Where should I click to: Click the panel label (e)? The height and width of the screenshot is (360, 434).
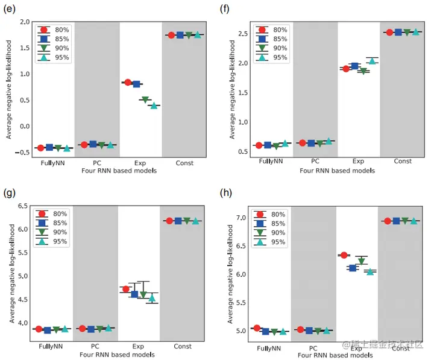10,8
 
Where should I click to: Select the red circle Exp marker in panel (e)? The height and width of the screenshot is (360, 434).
128,82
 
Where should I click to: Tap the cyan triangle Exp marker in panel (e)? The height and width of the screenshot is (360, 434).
154,106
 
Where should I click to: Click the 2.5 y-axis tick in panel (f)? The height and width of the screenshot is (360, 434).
243,33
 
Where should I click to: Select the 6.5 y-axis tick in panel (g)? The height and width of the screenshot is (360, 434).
24,206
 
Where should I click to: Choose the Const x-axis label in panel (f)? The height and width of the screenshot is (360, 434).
403,162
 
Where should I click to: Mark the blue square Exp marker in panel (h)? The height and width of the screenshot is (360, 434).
353,268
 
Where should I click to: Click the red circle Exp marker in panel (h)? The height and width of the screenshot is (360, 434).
344,256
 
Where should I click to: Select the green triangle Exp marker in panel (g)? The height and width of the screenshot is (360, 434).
143,294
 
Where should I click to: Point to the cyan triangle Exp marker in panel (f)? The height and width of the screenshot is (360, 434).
372,60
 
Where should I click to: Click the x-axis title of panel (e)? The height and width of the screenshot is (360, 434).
118,171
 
